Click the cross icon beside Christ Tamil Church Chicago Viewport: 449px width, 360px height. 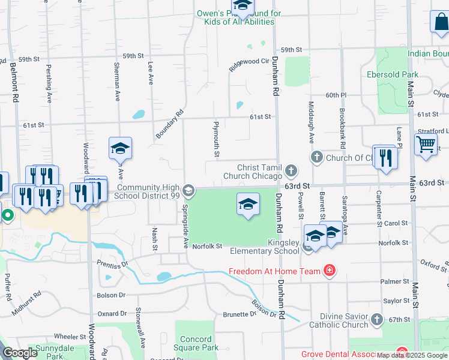(x=291, y=172)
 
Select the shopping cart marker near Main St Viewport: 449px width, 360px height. (x=426, y=145)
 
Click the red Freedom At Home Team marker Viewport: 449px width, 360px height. (x=329, y=271)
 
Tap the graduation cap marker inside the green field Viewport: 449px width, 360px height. (x=248, y=205)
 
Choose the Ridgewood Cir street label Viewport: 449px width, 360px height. (x=248, y=64)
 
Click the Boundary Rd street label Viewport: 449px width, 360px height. (x=170, y=123)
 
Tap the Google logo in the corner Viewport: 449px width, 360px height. (x=20, y=353)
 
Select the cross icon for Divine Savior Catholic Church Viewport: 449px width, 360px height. (x=377, y=319)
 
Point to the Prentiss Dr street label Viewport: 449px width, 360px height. (x=112, y=263)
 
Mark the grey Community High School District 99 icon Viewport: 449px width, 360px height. (x=188, y=191)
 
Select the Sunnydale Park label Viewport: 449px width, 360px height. (x=49, y=352)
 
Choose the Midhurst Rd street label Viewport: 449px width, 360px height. (x=29, y=297)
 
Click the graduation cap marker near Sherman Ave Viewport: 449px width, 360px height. (x=120, y=148)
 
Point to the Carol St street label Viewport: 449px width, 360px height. (x=397, y=223)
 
